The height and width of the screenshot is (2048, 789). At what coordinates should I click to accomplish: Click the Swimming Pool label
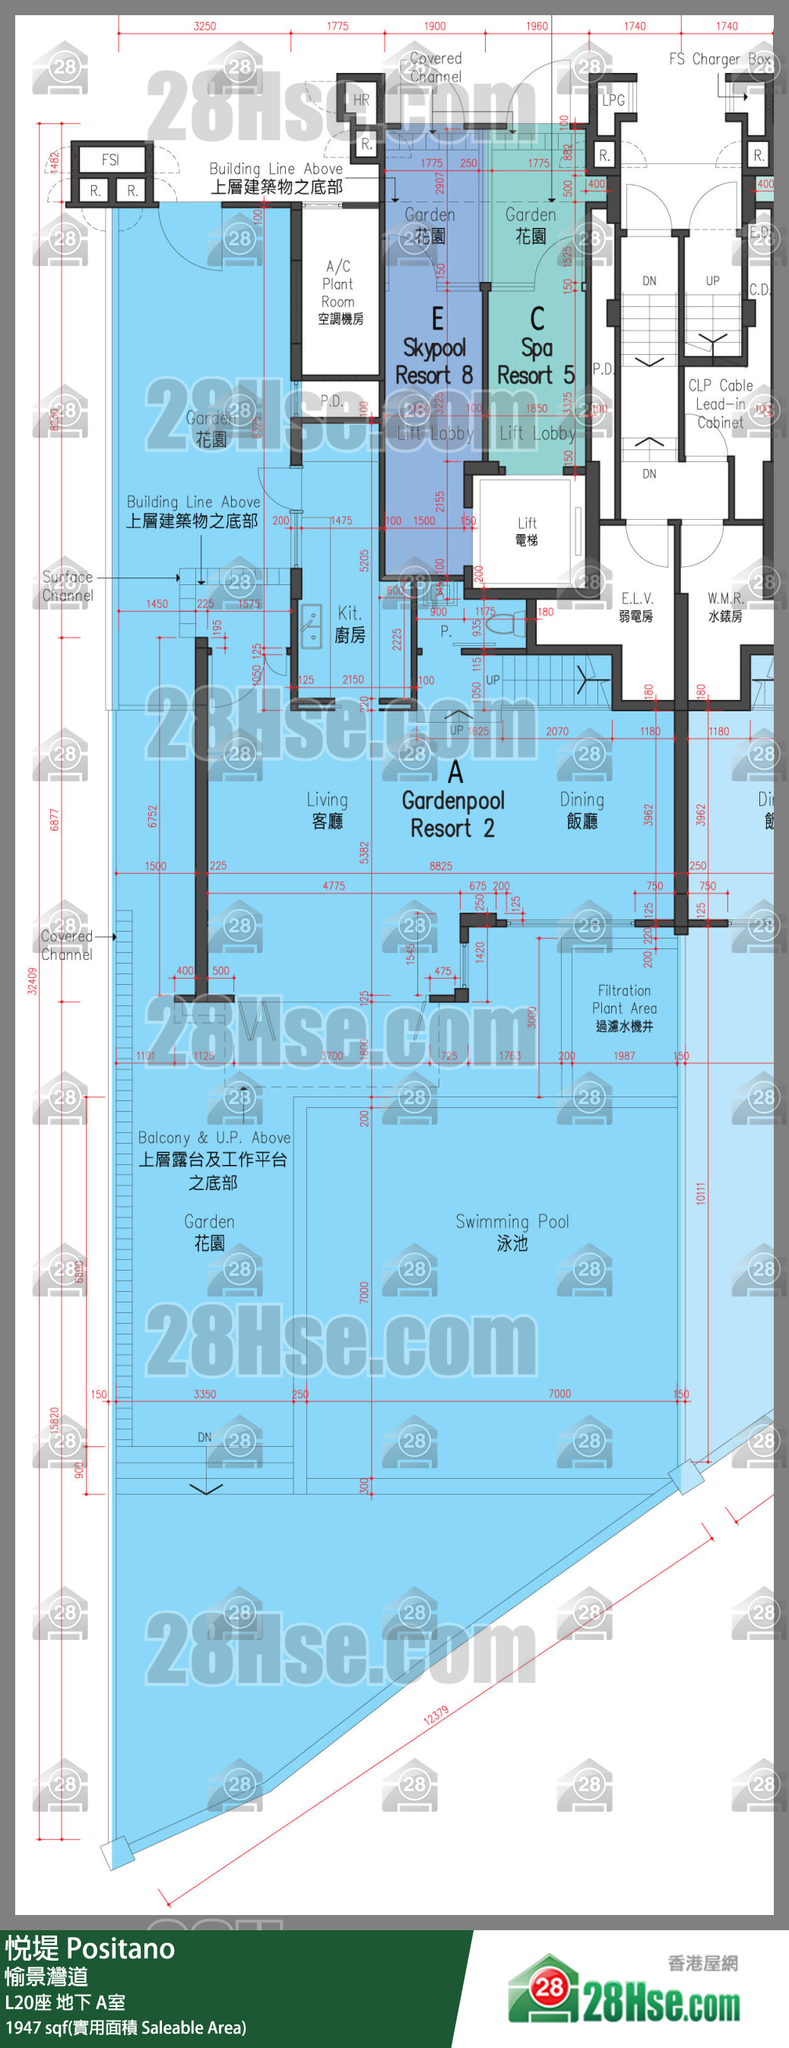pos(512,1232)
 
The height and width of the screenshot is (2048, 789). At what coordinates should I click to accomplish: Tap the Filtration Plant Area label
pos(624,1008)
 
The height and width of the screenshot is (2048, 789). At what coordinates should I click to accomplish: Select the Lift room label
pos(527,530)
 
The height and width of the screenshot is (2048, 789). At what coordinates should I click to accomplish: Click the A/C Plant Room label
pos(340,292)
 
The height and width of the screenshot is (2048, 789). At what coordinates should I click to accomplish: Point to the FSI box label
pos(110,160)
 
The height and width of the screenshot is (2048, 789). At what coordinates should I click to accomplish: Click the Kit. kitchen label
pos(350,623)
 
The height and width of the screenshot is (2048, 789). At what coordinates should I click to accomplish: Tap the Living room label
pos(327,809)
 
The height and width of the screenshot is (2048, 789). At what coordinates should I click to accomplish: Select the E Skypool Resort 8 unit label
pos(434,347)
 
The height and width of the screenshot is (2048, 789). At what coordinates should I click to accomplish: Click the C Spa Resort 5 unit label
pos(536,347)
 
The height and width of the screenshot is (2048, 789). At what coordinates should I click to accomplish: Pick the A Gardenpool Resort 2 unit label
pos(453,799)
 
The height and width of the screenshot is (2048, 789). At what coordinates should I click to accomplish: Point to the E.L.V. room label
pos(636,606)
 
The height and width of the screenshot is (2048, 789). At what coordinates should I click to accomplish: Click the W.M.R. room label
pos(725,606)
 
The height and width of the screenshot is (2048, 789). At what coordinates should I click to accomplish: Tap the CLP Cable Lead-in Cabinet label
pos(720,403)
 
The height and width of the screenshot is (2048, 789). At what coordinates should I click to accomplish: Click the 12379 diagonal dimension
pos(436,1715)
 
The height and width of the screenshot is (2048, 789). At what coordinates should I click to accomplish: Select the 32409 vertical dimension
pos(33,980)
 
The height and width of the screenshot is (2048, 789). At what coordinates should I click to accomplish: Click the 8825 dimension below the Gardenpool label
pos(441,866)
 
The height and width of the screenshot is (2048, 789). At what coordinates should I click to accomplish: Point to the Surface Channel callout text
pos(68,586)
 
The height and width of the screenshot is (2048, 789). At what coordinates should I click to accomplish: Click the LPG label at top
pos(613,100)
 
